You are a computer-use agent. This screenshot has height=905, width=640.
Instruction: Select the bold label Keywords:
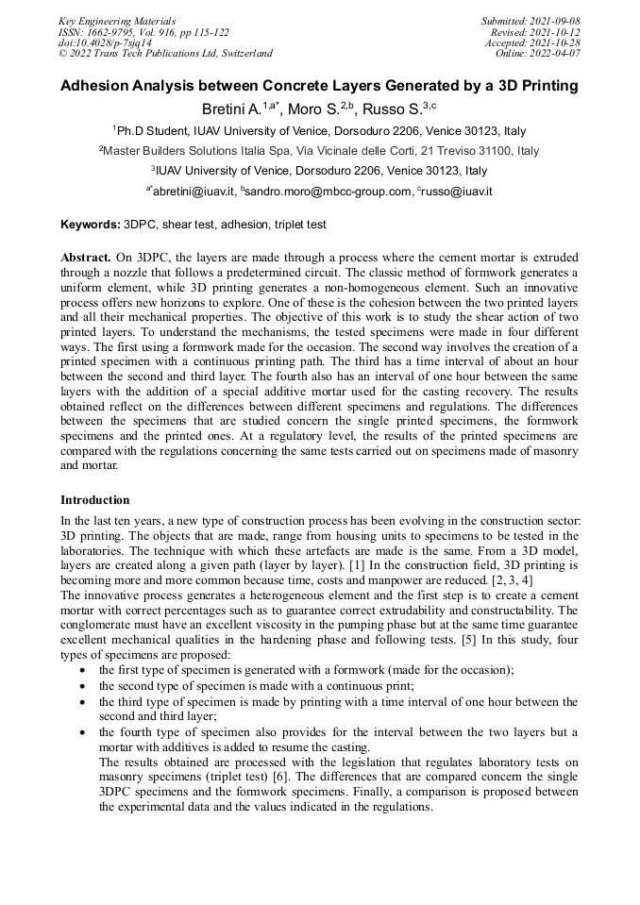click(x=91, y=226)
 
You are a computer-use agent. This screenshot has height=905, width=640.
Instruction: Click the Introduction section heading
click(x=95, y=500)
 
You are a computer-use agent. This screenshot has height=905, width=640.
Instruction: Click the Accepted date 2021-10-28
click(x=556, y=42)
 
